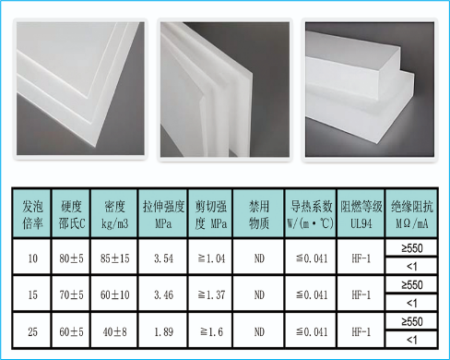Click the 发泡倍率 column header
[32, 214]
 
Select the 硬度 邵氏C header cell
[71, 214]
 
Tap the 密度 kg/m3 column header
[114, 214]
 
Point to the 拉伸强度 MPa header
[163, 214]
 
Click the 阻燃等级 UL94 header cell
[361, 214]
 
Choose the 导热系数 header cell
[311, 214]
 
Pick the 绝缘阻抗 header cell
[411, 214]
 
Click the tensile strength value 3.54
[163, 258]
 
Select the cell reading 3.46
[163, 294]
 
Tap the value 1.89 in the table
[163, 331]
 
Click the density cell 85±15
[114, 258]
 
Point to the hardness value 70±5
[71, 294]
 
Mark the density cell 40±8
[114, 331]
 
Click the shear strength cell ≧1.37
[211, 294]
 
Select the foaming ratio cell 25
[32, 331]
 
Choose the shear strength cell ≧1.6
[211, 331]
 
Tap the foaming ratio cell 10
[32, 258]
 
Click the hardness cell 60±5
[71, 331]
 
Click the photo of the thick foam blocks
[370, 90]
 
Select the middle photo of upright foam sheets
[225, 90]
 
